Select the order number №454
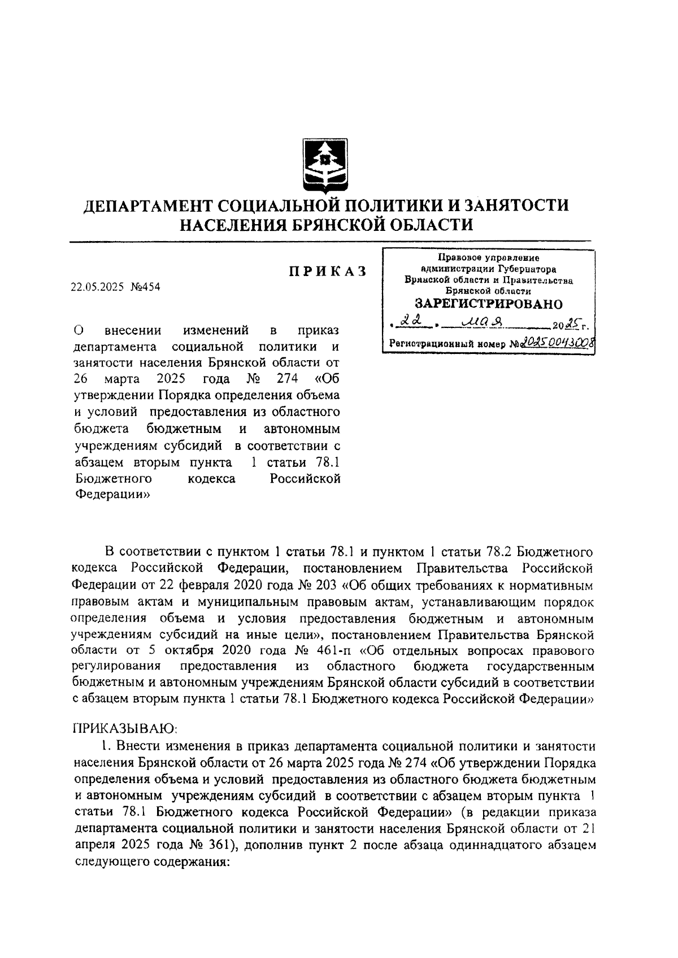click(x=145, y=287)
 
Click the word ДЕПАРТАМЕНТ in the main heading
click(x=144, y=204)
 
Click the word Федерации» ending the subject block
click(x=111, y=495)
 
